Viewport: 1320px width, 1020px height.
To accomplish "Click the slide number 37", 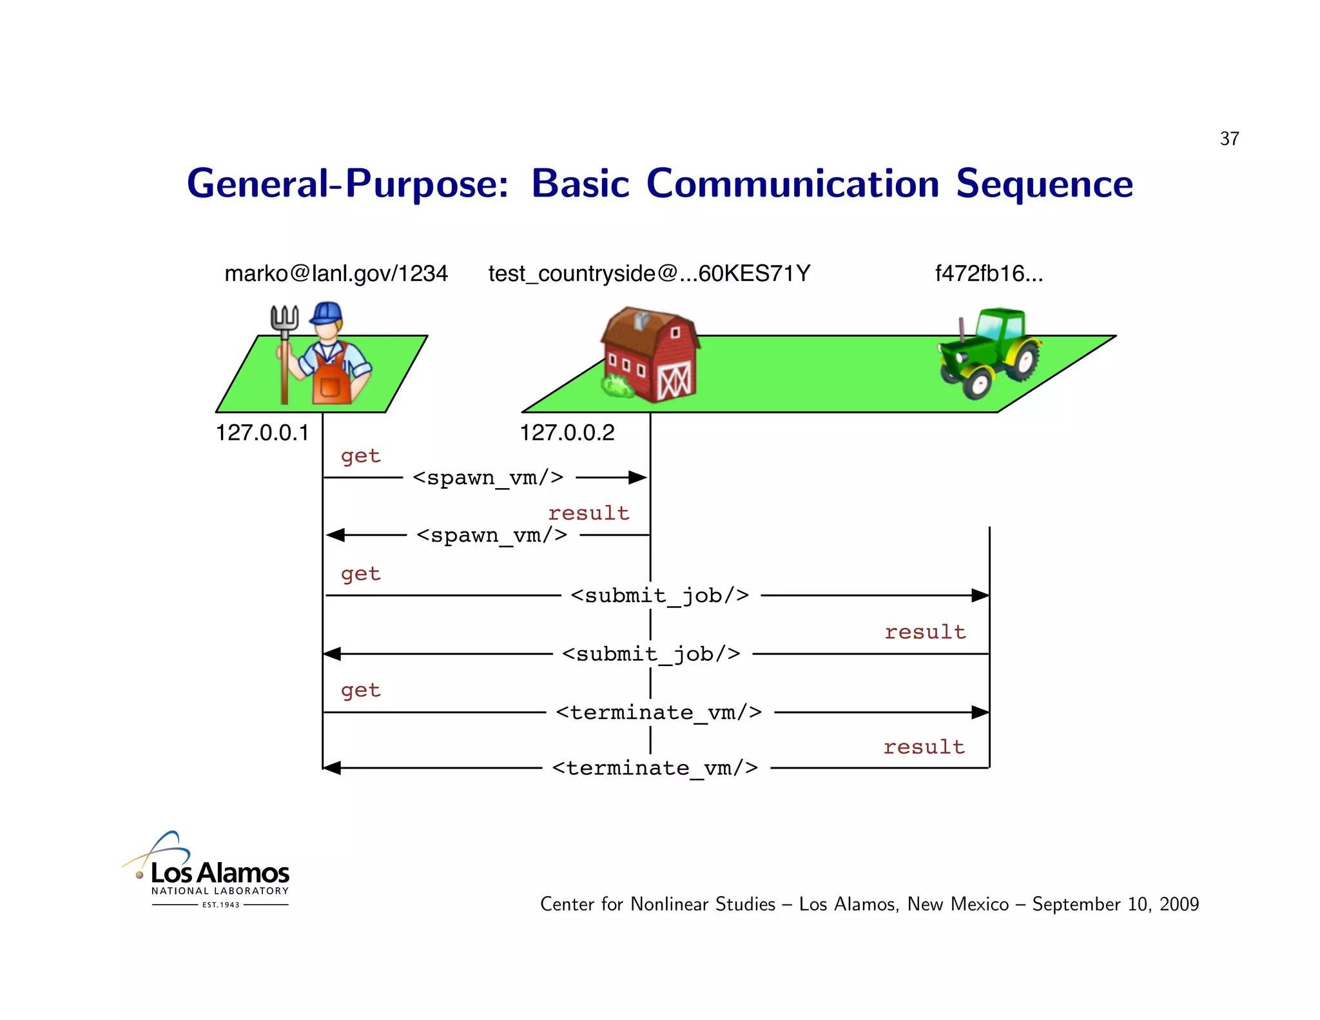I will [x=1229, y=139].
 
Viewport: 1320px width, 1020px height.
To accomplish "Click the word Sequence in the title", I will [x=1043, y=184].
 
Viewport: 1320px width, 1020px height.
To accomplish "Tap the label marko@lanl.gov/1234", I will [x=336, y=273].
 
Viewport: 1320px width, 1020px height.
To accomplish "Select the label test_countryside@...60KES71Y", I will [x=649, y=273].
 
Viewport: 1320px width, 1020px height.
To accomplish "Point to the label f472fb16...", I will [x=989, y=273].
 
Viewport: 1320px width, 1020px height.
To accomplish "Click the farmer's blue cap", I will [x=327, y=313].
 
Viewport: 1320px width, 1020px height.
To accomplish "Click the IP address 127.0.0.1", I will [x=262, y=433].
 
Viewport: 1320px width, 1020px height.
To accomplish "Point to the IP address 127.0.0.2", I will [x=567, y=433].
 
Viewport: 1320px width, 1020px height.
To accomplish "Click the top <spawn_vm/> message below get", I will [x=488, y=478].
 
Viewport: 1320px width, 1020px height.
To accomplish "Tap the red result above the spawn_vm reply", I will [x=588, y=513].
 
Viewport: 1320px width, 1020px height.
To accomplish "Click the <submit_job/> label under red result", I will [x=651, y=654].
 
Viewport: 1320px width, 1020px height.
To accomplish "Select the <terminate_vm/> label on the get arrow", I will [x=659, y=712].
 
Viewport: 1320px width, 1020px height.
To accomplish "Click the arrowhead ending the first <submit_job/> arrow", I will [x=980, y=595].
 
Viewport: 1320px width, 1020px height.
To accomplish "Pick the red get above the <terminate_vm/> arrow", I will [x=360, y=691].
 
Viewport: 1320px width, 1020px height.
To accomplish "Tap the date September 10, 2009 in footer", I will [x=1115, y=904].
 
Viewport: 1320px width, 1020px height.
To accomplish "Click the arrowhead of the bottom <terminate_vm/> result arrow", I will [x=331, y=768].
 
